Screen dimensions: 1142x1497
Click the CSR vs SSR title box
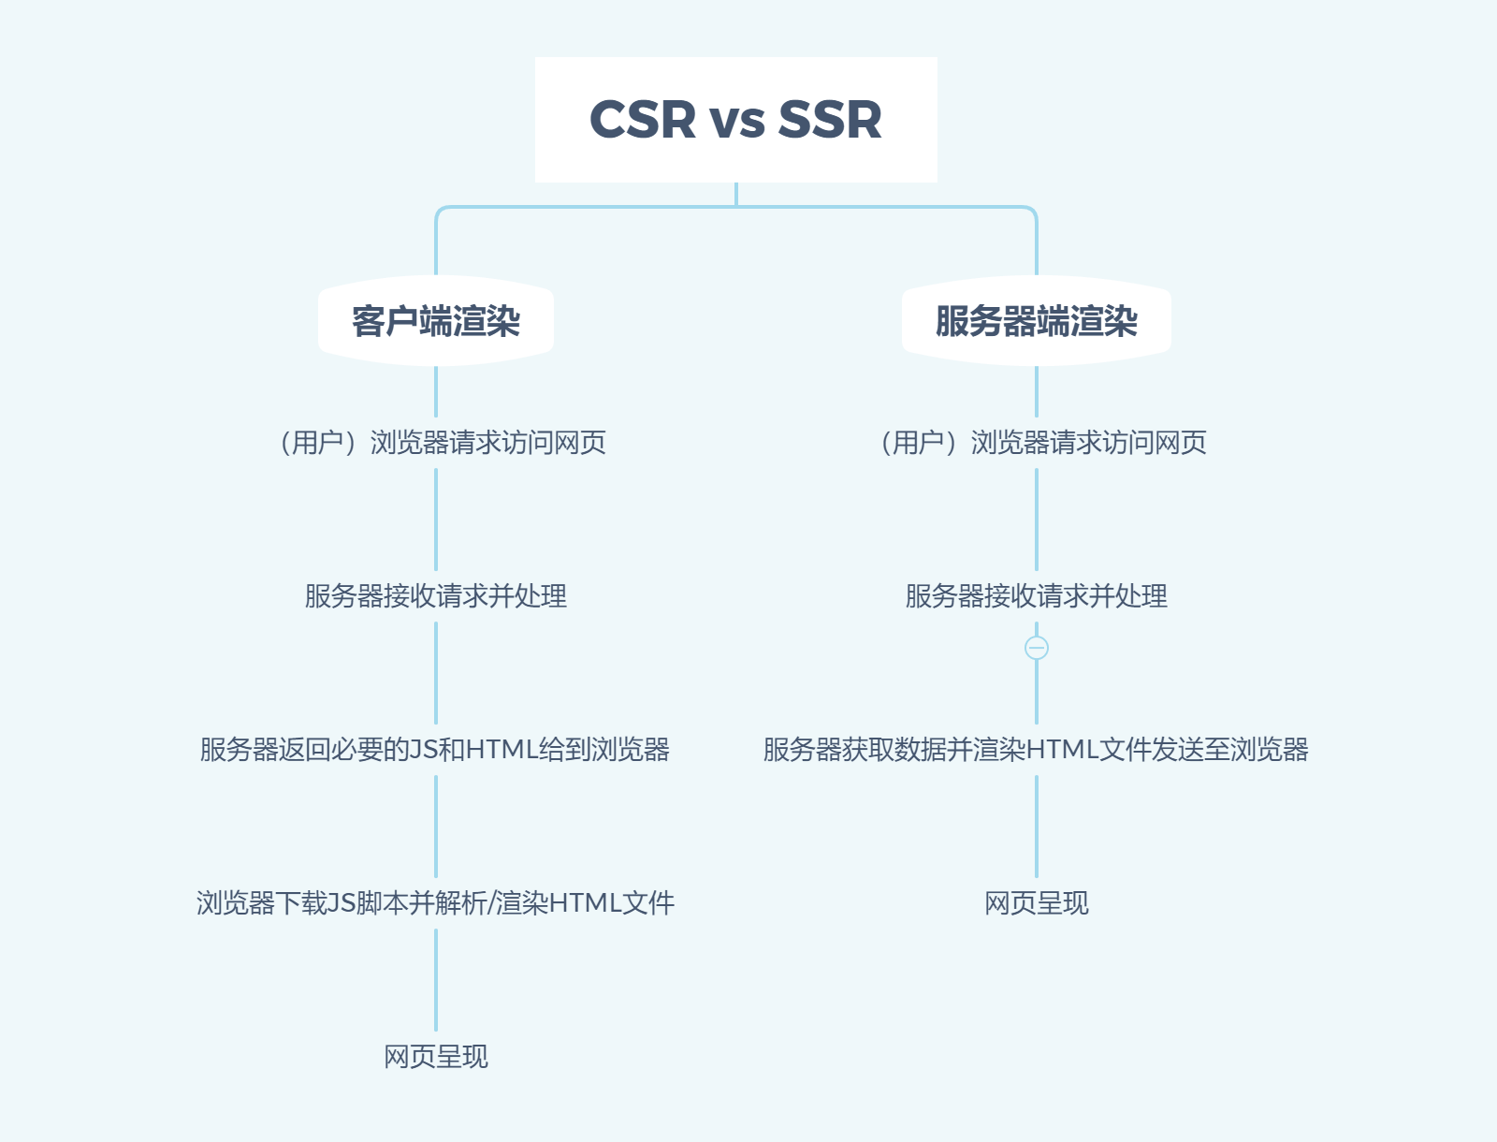tap(735, 120)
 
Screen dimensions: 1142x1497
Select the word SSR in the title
tap(829, 120)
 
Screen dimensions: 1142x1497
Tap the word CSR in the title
tap(643, 120)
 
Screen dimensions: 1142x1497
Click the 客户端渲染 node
tap(436, 321)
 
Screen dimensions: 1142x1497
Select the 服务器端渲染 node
tap(1036, 321)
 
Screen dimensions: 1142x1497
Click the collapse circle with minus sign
tap(1037, 648)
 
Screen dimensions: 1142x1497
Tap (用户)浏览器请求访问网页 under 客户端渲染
tap(442, 443)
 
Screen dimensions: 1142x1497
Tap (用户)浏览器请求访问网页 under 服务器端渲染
tap(1042, 443)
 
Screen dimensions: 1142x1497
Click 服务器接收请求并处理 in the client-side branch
tap(436, 596)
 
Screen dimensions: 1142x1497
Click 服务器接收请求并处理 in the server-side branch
tap(1036, 596)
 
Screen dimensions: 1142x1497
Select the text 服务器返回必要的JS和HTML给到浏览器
tap(435, 750)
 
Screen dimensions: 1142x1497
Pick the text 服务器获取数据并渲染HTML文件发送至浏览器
tap(1036, 750)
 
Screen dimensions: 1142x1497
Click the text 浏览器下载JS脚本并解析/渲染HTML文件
tap(435, 903)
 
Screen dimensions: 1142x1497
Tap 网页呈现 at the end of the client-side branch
tap(436, 1057)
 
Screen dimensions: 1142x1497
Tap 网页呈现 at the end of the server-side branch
tap(1036, 903)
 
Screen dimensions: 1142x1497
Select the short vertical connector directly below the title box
tap(736, 194)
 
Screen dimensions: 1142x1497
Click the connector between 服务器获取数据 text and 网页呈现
tap(1037, 827)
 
